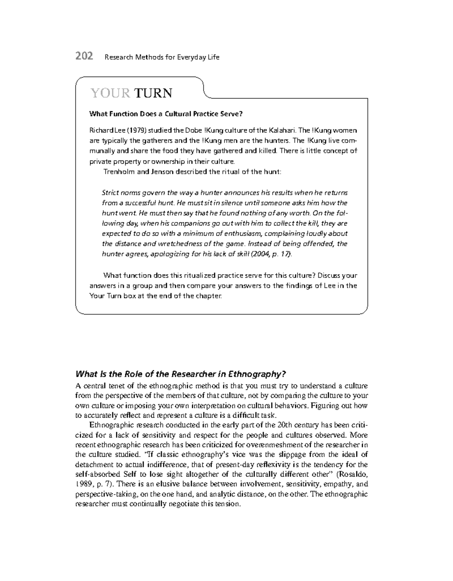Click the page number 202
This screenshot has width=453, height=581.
84,57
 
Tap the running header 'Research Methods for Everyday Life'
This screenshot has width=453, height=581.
162,57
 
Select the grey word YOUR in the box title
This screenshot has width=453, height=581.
110,93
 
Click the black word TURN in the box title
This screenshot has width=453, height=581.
153,93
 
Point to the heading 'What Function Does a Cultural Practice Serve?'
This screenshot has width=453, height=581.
165,114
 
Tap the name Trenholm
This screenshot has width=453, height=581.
118,172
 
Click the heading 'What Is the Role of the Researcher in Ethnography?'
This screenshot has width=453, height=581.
181,374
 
